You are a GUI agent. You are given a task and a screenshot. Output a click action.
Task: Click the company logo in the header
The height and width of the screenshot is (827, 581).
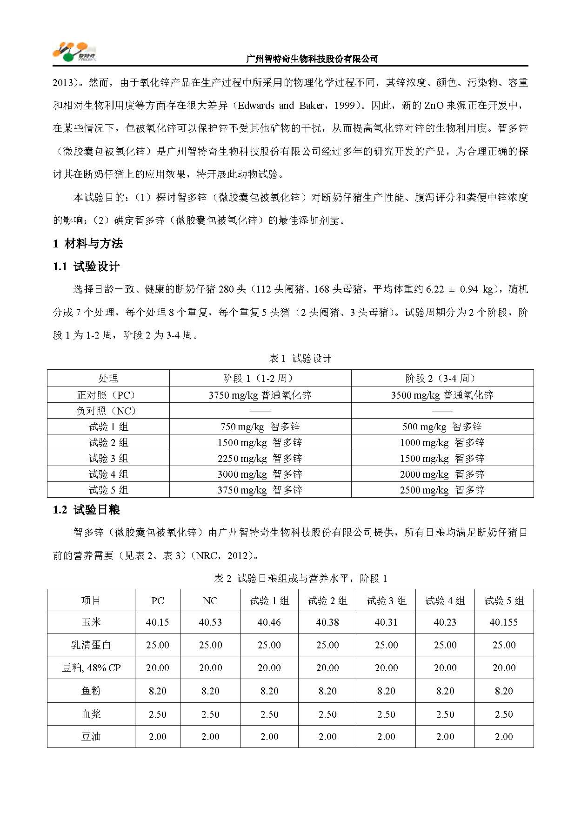[74, 52]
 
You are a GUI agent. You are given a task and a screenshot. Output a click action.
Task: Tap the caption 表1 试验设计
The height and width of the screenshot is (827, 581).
[300, 358]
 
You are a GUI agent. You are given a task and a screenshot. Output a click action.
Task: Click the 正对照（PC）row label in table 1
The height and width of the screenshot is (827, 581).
[108, 395]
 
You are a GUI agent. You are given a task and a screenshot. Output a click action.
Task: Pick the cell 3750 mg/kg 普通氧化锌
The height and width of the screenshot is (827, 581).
[260, 395]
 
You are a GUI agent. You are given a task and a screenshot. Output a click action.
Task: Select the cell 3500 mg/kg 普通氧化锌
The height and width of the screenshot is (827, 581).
[442, 395]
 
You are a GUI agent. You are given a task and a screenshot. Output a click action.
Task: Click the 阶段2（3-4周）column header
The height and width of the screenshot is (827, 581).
[442, 378]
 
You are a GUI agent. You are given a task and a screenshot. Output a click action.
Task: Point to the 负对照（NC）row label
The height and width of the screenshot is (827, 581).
[108, 411]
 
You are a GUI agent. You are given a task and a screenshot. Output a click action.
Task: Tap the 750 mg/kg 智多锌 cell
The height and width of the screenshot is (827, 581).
[260, 427]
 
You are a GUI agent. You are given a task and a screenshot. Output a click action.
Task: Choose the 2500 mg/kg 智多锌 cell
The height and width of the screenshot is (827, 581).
[442, 490]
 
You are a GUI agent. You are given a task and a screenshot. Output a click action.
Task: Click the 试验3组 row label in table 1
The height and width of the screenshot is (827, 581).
[108, 458]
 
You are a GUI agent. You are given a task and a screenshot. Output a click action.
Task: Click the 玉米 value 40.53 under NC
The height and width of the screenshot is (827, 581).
[210, 622]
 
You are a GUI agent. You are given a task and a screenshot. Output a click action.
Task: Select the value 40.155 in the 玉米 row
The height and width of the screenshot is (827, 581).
[504, 622]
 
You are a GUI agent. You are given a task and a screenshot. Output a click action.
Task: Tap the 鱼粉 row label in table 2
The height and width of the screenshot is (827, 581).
[91, 691]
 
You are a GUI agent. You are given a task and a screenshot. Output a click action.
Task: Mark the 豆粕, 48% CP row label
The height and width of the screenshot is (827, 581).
[91, 668]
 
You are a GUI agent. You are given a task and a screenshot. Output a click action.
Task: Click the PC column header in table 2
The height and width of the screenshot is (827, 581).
[157, 600]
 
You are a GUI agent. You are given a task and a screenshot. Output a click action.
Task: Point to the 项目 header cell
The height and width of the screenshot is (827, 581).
[91, 600]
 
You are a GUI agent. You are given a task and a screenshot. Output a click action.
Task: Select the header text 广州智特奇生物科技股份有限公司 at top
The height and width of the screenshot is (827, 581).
[311, 59]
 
